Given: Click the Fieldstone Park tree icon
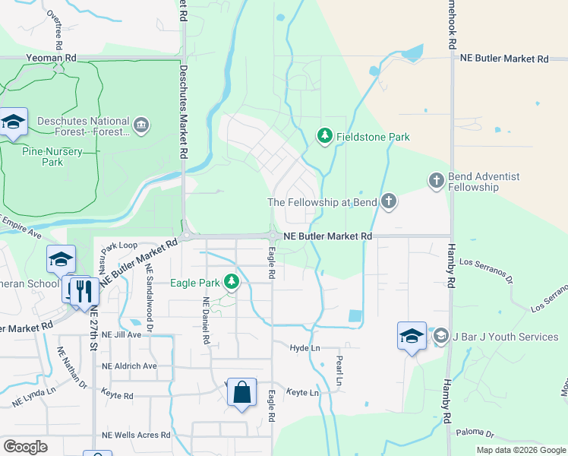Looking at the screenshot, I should [x=324, y=136].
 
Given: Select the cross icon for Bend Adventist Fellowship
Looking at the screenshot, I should [x=436, y=181].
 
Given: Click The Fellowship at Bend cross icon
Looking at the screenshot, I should [x=388, y=201].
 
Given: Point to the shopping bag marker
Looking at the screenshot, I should [x=241, y=393].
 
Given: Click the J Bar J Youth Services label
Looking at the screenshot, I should [x=506, y=337].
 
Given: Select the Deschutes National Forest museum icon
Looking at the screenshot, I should [x=140, y=125].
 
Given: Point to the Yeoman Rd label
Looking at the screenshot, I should [x=51, y=58].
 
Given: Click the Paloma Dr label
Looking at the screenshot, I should [x=475, y=433].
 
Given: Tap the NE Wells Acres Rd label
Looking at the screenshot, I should [x=136, y=435].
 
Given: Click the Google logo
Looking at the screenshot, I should [x=25, y=446].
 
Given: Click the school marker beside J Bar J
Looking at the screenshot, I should [x=412, y=336].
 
